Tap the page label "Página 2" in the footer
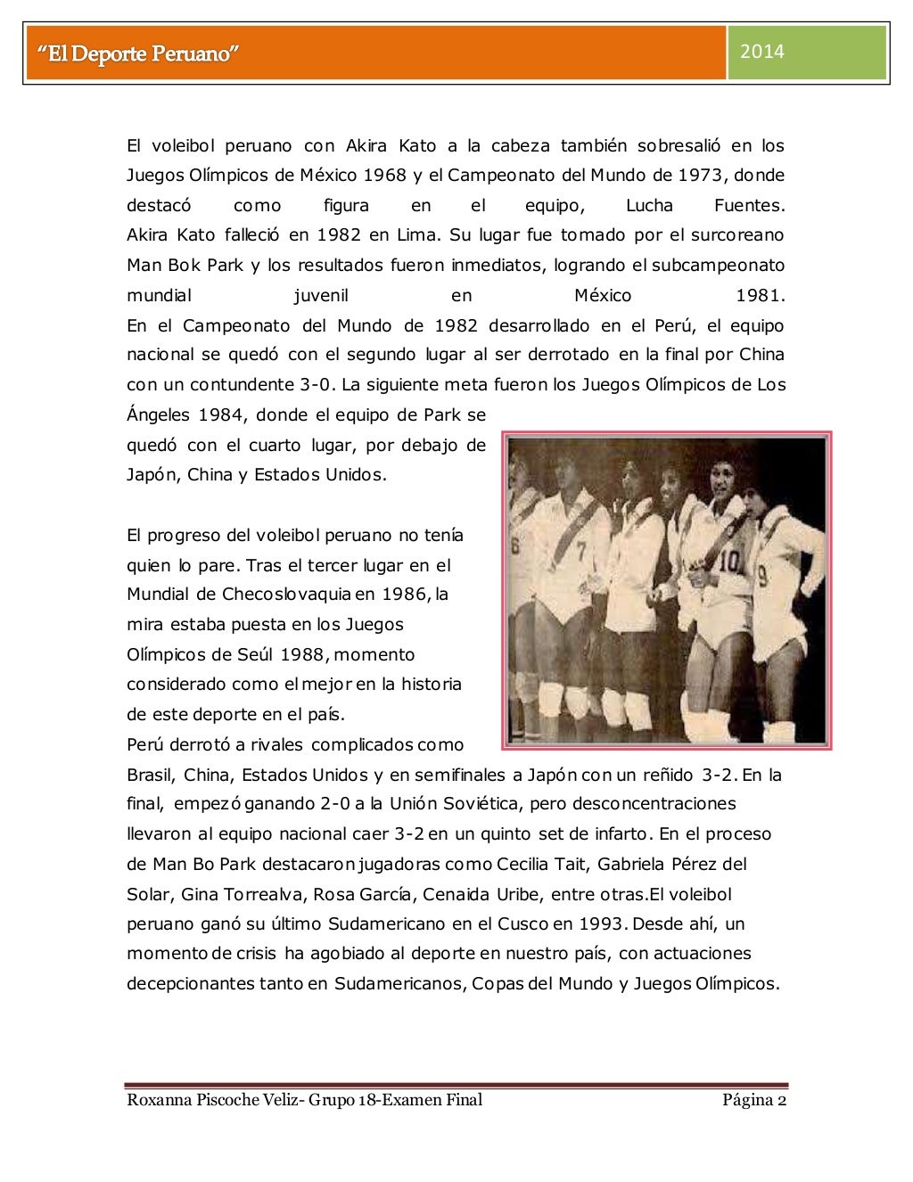[x=753, y=1099]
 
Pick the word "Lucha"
[x=649, y=206]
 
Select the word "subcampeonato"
[x=718, y=266]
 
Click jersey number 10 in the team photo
[x=730, y=562]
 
